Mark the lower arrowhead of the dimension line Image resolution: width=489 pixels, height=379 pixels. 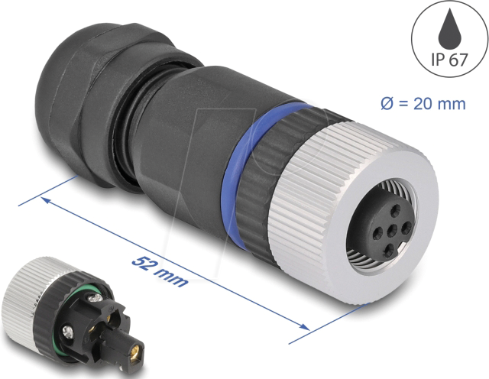click(x=304, y=328)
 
